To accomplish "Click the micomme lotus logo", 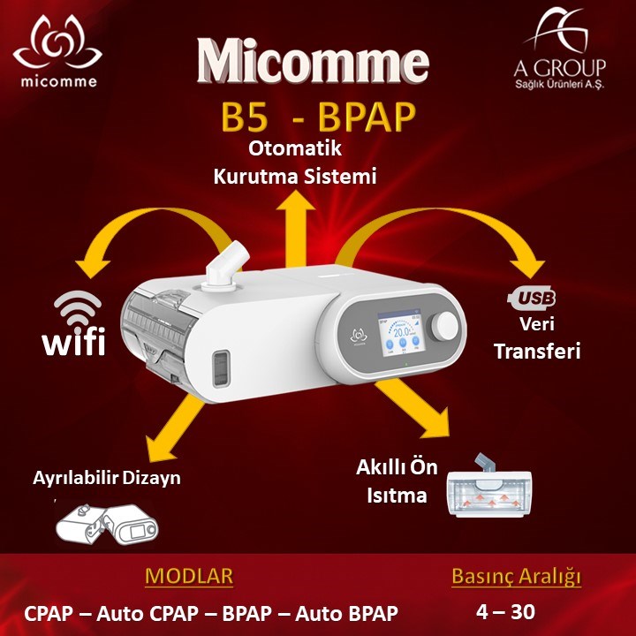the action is (x=57, y=50).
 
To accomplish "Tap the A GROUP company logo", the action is (x=559, y=49).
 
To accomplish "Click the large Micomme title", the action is (x=313, y=61).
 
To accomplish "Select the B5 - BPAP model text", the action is (x=318, y=117).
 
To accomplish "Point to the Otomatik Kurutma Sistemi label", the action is (x=295, y=163).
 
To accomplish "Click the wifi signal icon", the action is (x=78, y=309).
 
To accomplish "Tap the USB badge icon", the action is (x=532, y=298).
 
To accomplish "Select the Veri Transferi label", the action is (x=537, y=337).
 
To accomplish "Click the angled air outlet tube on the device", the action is (x=225, y=267).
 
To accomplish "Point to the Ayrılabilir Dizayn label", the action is (x=107, y=478).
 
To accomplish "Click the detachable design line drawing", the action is (x=107, y=525).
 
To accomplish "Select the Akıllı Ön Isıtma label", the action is (x=397, y=481).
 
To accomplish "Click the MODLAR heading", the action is (x=189, y=576).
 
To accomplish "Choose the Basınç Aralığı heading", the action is (x=517, y=577).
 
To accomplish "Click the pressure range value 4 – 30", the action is (x=505, y=611).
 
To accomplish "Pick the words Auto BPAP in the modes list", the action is (x=347, y=613).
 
